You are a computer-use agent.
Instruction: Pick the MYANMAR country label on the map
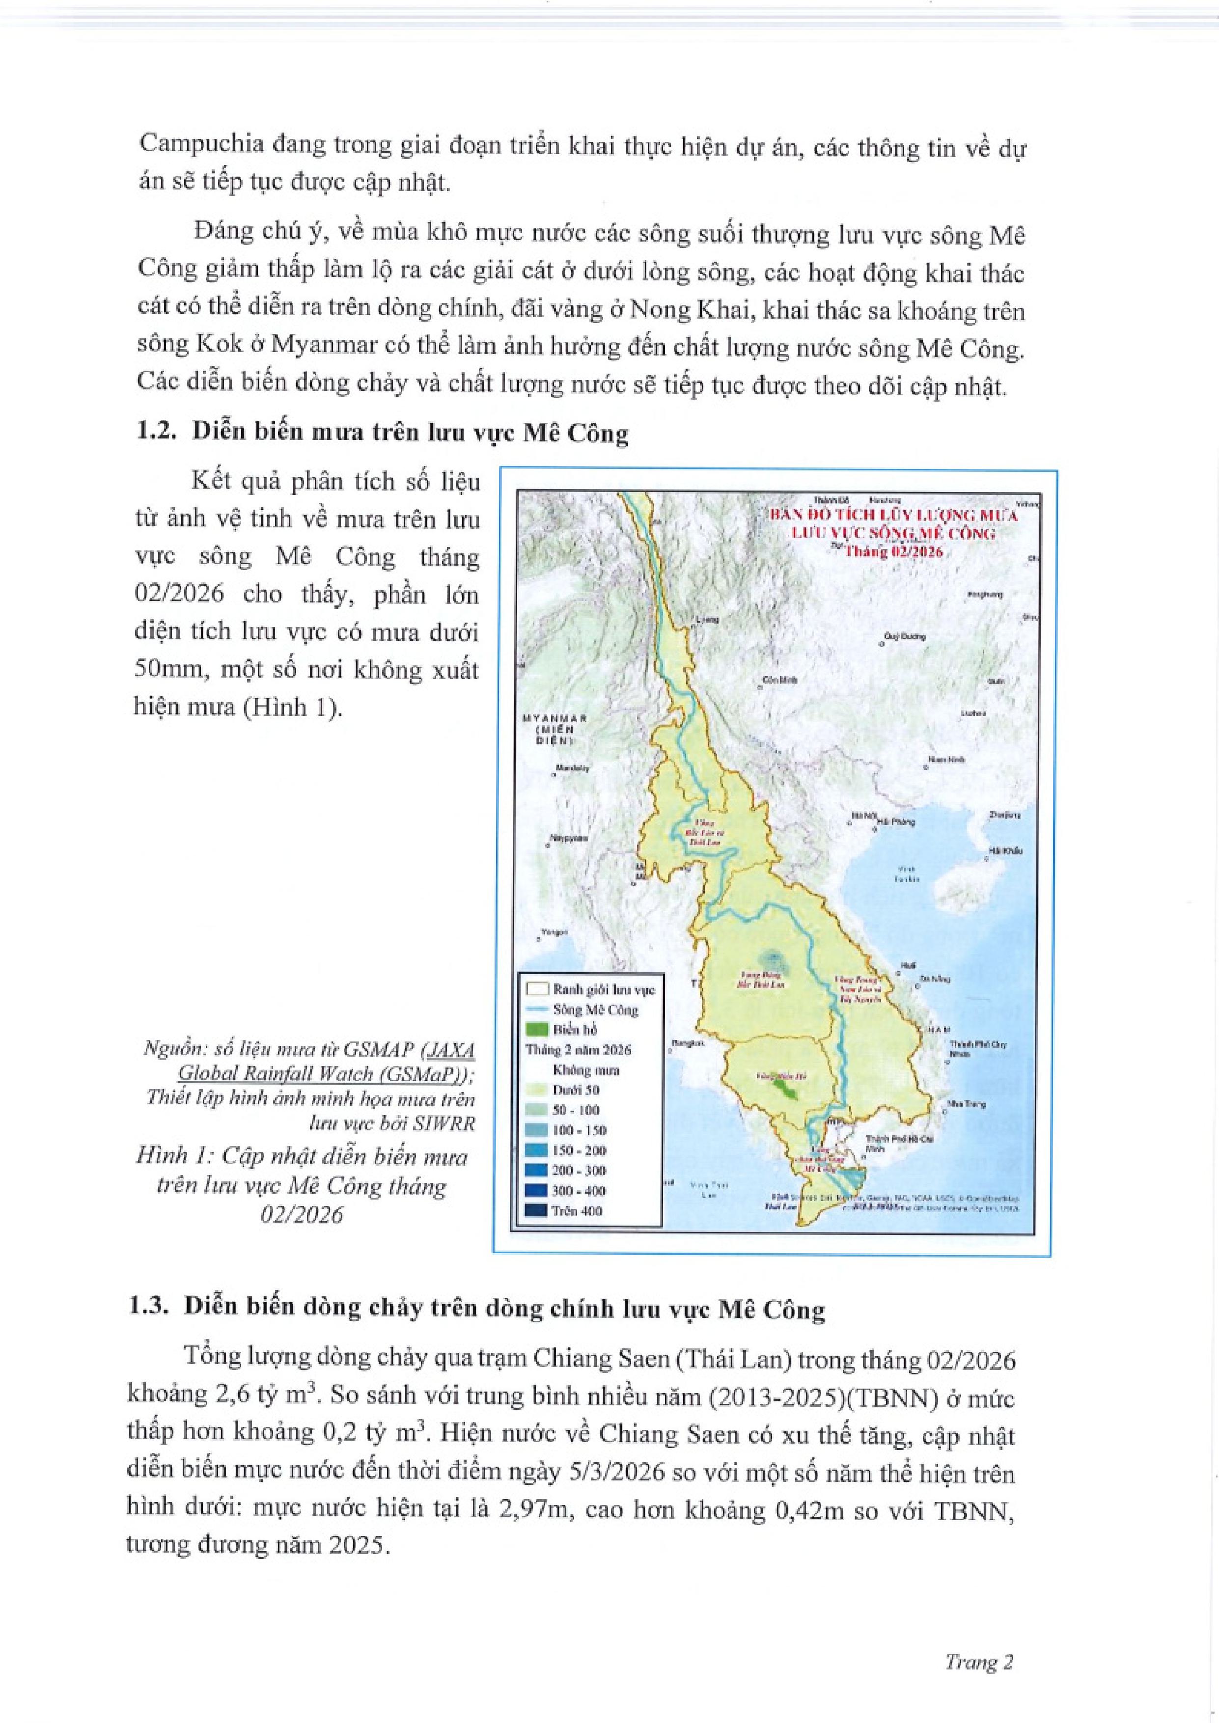pos(554,718)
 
